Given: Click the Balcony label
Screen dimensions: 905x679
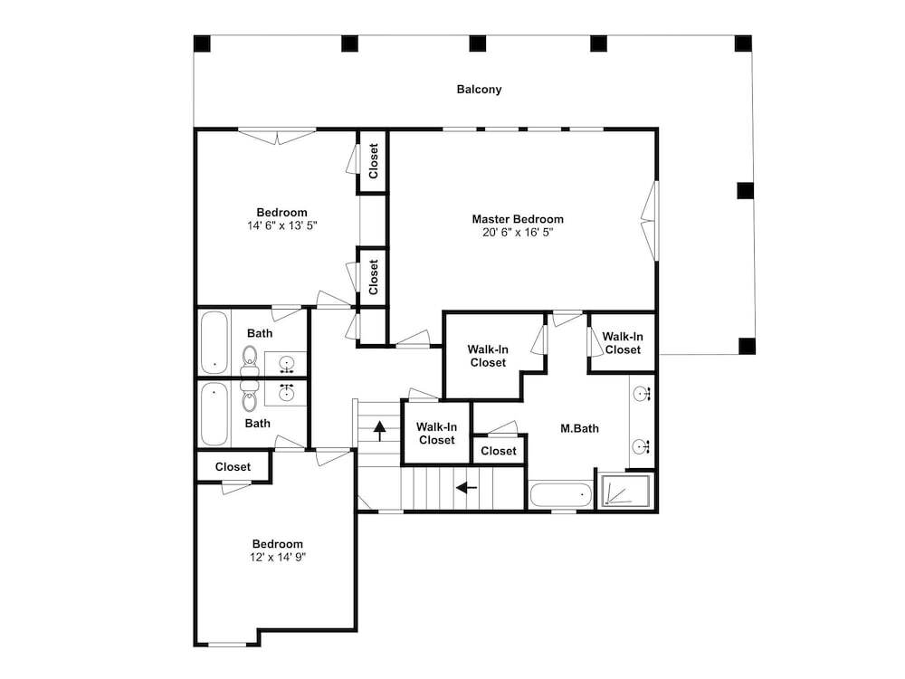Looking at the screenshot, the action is pyautogui.click(x=479, y=90).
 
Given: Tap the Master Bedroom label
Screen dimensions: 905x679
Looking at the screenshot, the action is pyautogui.click(x=518, y=219).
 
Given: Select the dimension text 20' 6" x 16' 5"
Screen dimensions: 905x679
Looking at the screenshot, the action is pyautogui.click(x=518, y=233).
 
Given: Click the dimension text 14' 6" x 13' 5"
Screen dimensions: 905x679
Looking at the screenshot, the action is pyautogui.click(x=282, y=225).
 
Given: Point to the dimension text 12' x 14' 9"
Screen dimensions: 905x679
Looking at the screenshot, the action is pyautogui.click(x=278, y=557).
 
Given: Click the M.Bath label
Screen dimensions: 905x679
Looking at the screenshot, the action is pyautogui.click(x=579, y=428).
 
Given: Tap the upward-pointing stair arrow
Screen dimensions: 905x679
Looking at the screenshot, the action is pyautogui.click(x=379, y=431).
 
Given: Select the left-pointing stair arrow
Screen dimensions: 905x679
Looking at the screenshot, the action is pyautogui.click(x=466, y=489).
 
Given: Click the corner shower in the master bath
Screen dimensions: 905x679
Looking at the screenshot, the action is pyautogui.click(x=625, y=492).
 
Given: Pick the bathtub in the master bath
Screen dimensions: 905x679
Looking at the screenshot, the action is pyautogui.click(x=560, y=495).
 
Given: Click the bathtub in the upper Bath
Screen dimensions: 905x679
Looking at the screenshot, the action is pyautogui.click(x=214, y=342).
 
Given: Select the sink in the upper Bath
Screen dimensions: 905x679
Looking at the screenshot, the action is pyautogui.click(x=286, y=364).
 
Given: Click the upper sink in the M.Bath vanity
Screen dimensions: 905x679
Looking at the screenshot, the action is pyautogui.click(x=642, y=395).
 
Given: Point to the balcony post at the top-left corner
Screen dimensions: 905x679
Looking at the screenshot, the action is pyautogui.click(x=202, y=43).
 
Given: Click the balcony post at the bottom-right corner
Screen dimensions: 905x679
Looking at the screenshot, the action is pyautogui.click(x=747, y=346).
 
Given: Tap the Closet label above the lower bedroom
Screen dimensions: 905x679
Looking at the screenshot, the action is pyautogui.click(x=233, y=466).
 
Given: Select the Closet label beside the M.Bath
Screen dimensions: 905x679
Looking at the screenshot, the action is pyautogui.click(x=499, y=451).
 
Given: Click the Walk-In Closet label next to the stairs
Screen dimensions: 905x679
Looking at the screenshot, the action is pyautogui.click(x=437, y=434).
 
